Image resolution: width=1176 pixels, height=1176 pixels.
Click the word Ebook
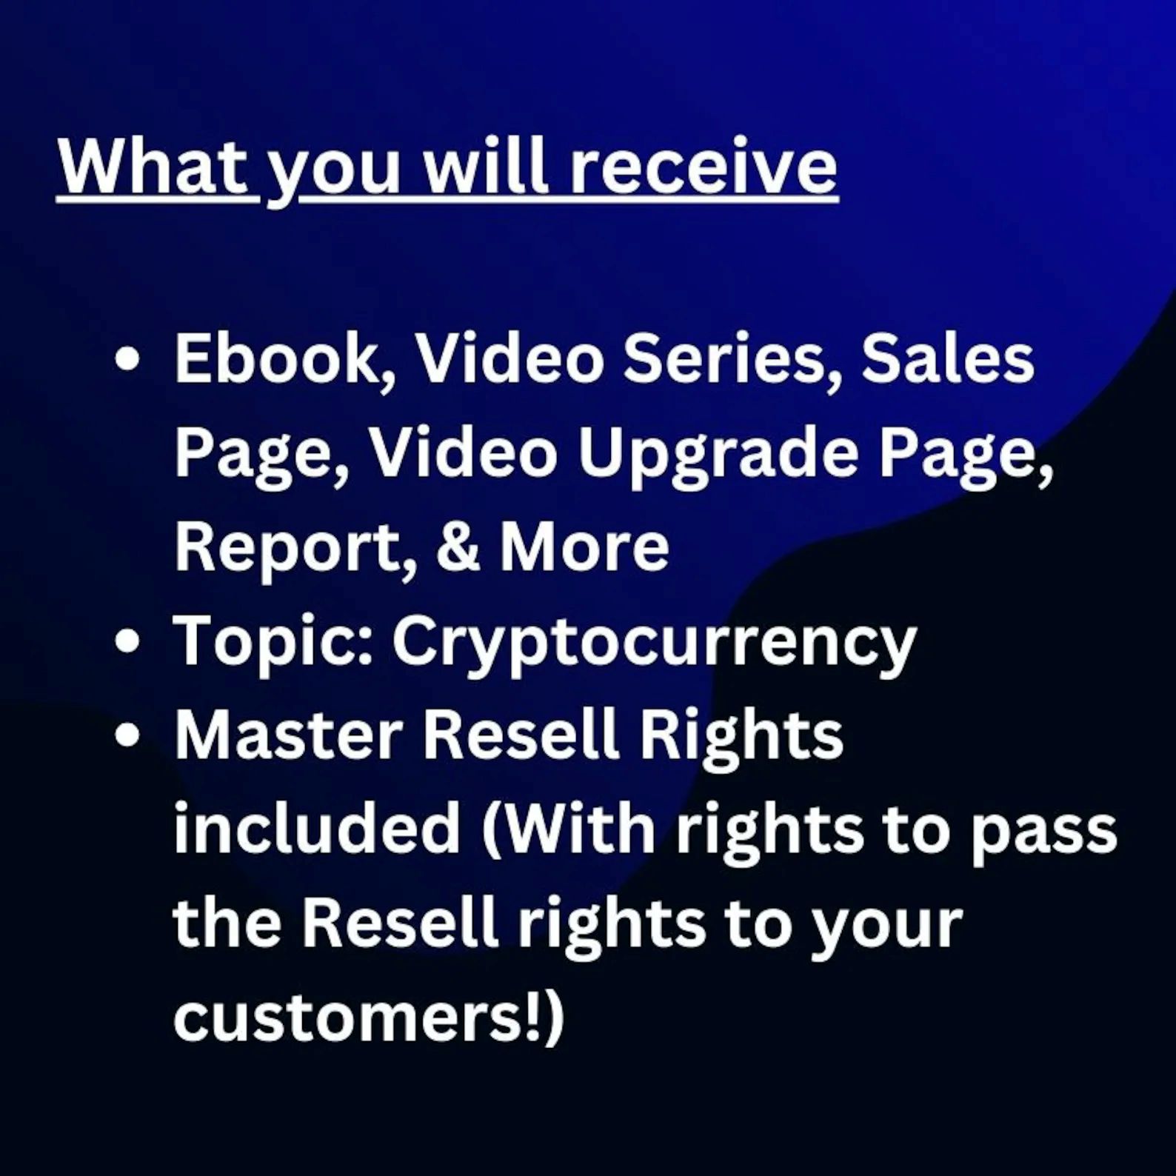(x=284, y=361)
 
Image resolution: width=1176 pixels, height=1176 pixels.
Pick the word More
(x=584, y=547)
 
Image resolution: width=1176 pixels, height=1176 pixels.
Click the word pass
(x=1043, y=835)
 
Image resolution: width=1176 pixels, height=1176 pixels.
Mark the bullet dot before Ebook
(x=128, y=358)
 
